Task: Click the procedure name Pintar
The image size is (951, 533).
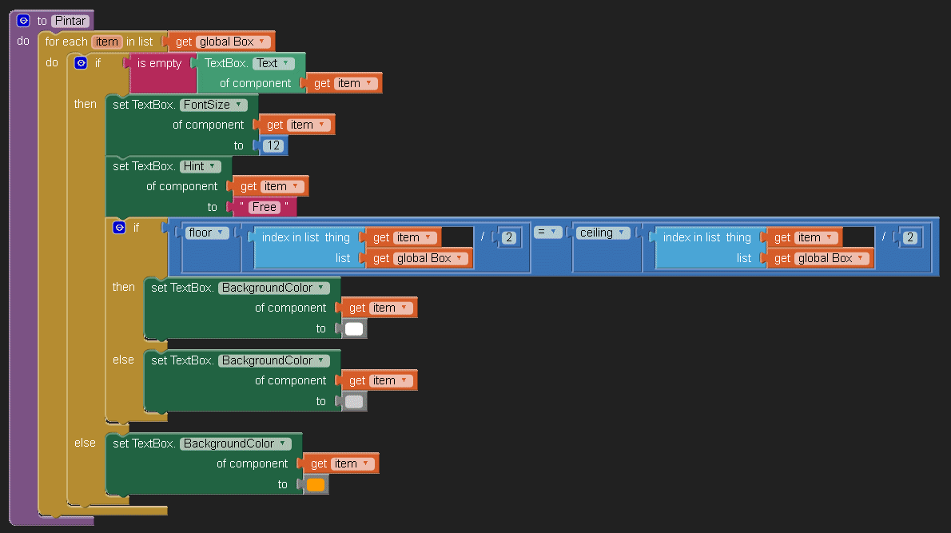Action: [x=71, y=21]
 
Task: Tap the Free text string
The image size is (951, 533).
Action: [x=264, y=207]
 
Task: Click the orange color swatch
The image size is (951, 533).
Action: [x=316, y=484]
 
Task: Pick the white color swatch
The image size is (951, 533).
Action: [x=354, y=328]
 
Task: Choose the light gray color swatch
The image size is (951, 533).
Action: [x=354, y=401]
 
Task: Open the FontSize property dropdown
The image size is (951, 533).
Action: [x=213, y=105]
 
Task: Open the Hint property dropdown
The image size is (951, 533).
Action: [x=200, y=166]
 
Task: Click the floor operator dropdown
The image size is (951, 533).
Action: [x=207, y=233]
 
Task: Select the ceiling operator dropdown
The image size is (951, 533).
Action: [x=601, y=233]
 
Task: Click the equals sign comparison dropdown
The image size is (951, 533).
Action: [x=546, y=232]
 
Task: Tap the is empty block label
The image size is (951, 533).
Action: [x=159, y=63]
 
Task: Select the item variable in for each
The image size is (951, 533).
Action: [x=106, y=42]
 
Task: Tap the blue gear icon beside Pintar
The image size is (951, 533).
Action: [x=23, y=21]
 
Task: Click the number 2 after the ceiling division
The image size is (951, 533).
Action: [x=909, y=237]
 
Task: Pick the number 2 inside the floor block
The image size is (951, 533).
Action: [x=508, y=237]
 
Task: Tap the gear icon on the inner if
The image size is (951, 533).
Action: [x=119, y=228]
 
